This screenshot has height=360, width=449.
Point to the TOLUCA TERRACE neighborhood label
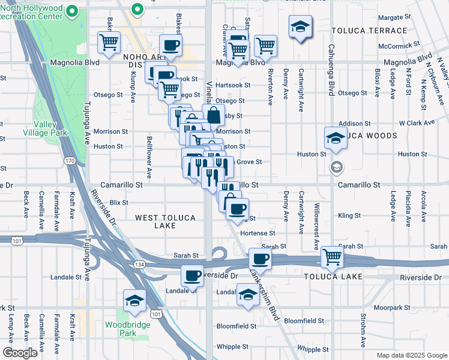[x=369, y=31]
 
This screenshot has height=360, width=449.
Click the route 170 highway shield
[x=70, y=161]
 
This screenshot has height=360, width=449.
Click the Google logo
[x=20, y=353]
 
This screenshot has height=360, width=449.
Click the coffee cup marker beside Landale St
[x=192, y=275]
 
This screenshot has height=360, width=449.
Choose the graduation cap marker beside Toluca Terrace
[x=300, y=26]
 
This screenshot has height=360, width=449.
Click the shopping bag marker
[x=214, y=116]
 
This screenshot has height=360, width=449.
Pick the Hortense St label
[x=258, y=233]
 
